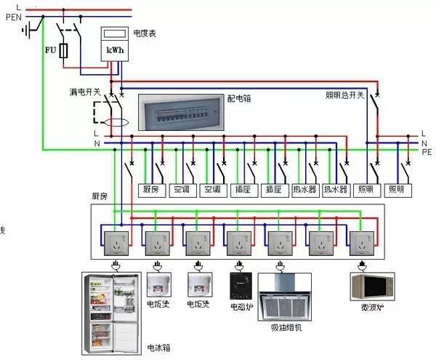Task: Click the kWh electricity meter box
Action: [x=113, y=44]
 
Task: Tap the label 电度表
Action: [x=145, y=33]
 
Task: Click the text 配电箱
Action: [x=238, y=97]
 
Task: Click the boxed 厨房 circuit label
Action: [x=151, y=190]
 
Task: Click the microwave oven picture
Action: [x=371, y=286]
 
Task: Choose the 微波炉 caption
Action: [x=371, y=307]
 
